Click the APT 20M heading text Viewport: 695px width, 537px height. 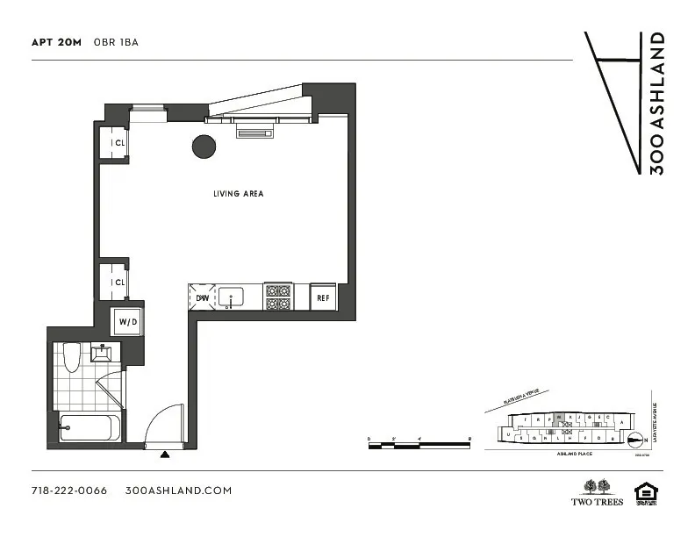tap(55, 42)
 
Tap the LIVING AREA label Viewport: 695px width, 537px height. tap(238, 194)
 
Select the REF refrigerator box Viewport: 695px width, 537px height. tap(323, 298)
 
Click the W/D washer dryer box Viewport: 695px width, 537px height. tap(128, 322)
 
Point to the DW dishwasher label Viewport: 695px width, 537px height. tap(201, 298)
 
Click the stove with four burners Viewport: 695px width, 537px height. tap(278, 297)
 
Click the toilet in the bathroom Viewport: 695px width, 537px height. tap(73, 357)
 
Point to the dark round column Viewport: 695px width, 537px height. tap(204, 147)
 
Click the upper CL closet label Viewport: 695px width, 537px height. tap(118, 143)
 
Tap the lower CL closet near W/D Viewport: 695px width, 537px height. tap(118, 283)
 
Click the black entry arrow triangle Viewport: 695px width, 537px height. tap(166, 455)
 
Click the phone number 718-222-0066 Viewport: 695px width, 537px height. tap(68, 490)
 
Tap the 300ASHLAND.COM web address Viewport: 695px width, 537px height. tap(178, 490)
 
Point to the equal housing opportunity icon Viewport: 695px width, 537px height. tap(646, 492)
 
